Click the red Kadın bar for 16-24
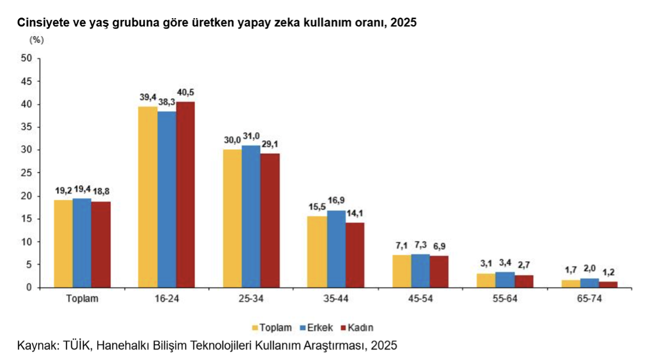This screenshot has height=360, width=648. [x=185, y=194]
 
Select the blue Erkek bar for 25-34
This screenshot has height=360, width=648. [x=251, y=216]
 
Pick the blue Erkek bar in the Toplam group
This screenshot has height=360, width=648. [x=82, y=243]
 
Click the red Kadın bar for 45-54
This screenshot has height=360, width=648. [x=438, y=271]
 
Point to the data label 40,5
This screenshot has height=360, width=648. [x=185, y=92]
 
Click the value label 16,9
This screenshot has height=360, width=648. [x=337, y=201]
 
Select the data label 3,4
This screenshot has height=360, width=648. [x=505, y=262]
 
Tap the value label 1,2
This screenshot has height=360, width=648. [x=608, y=272]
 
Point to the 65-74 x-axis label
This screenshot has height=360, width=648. [x=590, y=299]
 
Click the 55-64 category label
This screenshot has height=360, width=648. [x=505, y=299]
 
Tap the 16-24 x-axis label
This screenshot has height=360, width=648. [x=167, y=299]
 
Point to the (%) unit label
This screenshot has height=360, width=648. [x=36, y=40]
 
